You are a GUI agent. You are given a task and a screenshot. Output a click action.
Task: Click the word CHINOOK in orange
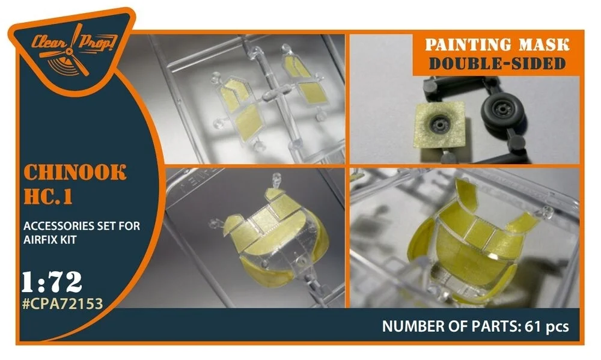pyautogui.click(x=75, y=172)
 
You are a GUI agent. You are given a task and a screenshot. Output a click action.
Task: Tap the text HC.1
pyautogui.click(x=48, y=197)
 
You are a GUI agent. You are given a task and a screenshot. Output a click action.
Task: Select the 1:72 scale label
pyautogui.click(x=52, y=282)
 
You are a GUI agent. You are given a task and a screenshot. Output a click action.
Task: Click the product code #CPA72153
pyautogui.click(x=63, y=304)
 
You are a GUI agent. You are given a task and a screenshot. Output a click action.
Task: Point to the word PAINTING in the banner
pyautogui.click(x=468, y=45)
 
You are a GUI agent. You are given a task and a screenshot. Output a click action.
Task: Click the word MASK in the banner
pyautogui.click(x=545, y=45)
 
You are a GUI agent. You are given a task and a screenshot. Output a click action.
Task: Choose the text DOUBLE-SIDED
pyautogui.click(x=497, y=64)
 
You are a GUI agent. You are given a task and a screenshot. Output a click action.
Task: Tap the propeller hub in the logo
pyautogui.click(x=69, y=51)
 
